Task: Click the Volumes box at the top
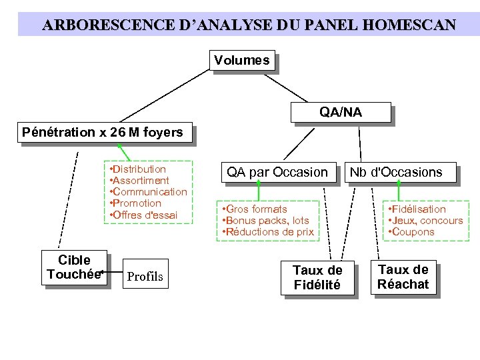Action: coord(242,61)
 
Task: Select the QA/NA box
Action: coord(340,112)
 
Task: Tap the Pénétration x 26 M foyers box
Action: coord(102,132)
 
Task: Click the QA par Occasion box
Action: coord(277,172)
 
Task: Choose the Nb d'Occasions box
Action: coord(396,172)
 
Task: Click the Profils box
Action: coord(145,276)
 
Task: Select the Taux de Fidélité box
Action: coord(317,277)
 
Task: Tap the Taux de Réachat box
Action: coord(403,277)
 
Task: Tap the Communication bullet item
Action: coord(149,192)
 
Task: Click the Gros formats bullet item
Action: coord(256,209)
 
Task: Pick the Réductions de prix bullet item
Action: coord(269,232)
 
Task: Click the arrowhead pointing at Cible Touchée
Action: coord(102,273)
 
